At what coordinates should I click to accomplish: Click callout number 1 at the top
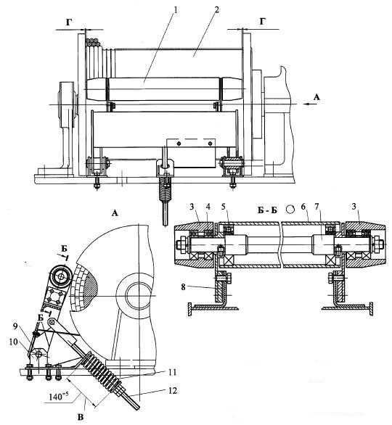coord(176,11)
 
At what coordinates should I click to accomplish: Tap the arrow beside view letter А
coord(309,104)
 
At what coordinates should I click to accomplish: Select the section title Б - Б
coord(267,210)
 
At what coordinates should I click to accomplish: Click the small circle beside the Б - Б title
coord(290,209)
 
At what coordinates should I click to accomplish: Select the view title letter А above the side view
coord(115,213)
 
